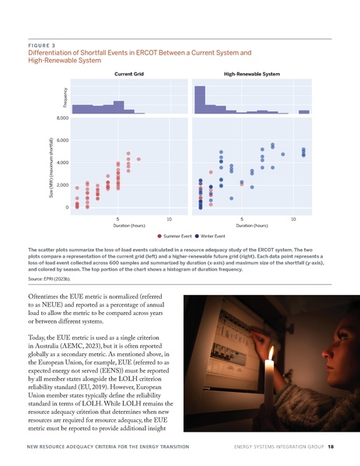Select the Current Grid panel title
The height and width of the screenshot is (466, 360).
click(x=128, y=73)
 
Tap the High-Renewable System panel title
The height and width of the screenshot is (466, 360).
click(x=251, y=73)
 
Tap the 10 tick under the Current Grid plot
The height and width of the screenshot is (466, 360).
click(x=169, y=219)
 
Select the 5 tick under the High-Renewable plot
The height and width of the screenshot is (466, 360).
click(x=242, y=219)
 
